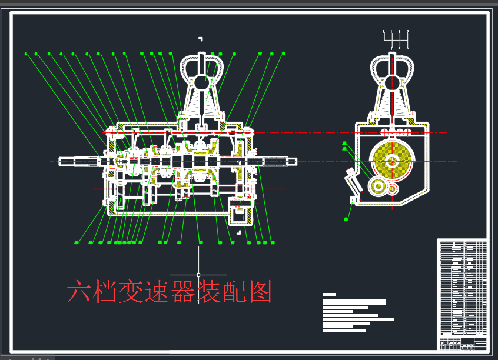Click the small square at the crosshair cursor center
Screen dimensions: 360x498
[198, 275]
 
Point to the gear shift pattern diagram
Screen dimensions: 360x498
[396, 39]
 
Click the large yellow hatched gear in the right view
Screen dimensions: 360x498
[393, 161]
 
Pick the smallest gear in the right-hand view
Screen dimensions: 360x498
[392, 189]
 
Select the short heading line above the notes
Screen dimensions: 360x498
[329, 294]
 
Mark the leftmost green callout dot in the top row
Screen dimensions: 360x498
[26, 54]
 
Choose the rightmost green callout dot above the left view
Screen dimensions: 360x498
[284, 54]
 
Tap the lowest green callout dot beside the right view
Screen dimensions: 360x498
[346, 219]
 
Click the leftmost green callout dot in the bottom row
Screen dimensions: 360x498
[77, 242]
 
